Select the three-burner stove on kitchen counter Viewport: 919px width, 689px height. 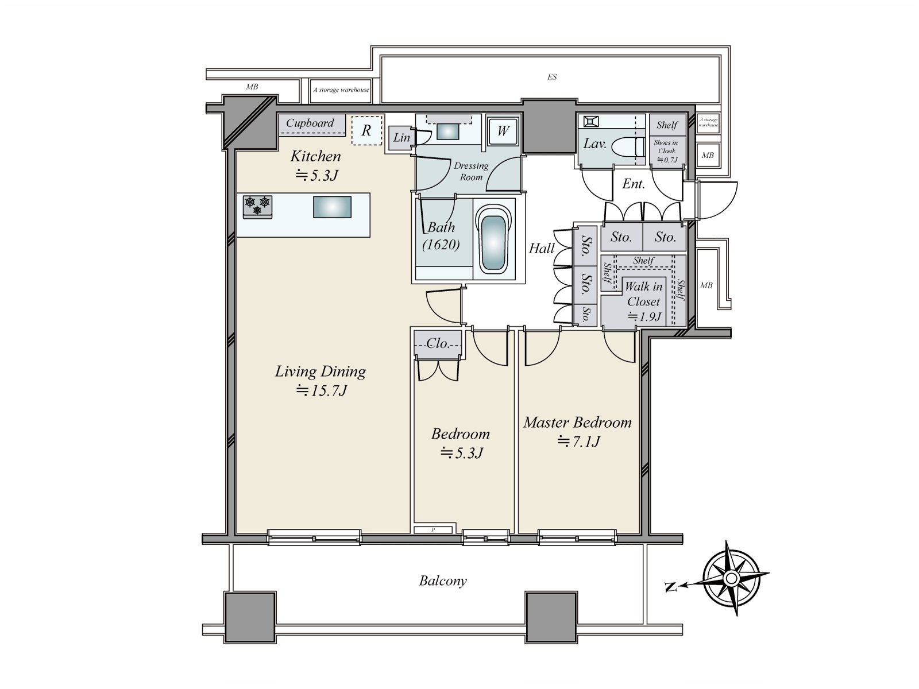(x=257, y=206)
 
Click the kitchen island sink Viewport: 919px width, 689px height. (x=332, y=207)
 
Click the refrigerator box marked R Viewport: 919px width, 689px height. (x=366, y=130)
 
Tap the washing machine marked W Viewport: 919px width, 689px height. (x=503, y=131)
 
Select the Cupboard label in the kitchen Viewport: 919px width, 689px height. (x=310, y=123)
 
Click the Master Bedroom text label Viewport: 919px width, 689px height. (x=577, y=423)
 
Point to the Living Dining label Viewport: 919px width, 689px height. (x=320, y=371)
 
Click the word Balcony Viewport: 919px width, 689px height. (x=442, y=580)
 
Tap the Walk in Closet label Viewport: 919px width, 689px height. (x=643, y=293)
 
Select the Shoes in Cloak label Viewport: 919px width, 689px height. (x=666, y=146)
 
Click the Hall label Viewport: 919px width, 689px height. (x=541, y=248)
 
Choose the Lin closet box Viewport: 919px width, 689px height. (x=401, y=138)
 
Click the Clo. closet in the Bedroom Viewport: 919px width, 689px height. (x=438, y=343)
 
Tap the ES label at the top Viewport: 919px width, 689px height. (x=551, y=77)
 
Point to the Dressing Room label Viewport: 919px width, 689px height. (x=471, y=171)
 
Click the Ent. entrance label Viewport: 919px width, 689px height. (x=634, y=184)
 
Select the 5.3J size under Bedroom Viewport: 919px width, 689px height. (x=461, y=453)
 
